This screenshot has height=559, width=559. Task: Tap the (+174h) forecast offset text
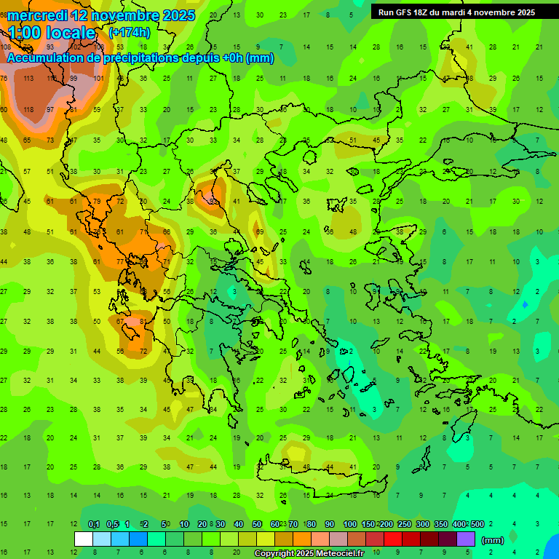(129, 32)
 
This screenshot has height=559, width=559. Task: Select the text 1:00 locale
(51, 33)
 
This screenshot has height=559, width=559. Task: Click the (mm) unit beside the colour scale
(492, 541)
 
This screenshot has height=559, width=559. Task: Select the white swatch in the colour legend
(84, 539)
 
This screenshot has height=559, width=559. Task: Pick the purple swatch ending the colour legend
(466, 539)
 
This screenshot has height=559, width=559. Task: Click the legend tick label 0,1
(94, 525)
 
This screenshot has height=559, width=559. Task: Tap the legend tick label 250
(404, 525)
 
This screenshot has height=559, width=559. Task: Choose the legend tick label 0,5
(111, 525)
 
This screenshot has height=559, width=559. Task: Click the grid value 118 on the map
(28, 109)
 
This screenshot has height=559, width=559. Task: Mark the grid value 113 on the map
(28, 79)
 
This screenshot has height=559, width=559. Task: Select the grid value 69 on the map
(260, 231)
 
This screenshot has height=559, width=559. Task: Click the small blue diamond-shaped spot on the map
(525, 304)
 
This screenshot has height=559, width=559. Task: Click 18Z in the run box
(427, 12)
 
